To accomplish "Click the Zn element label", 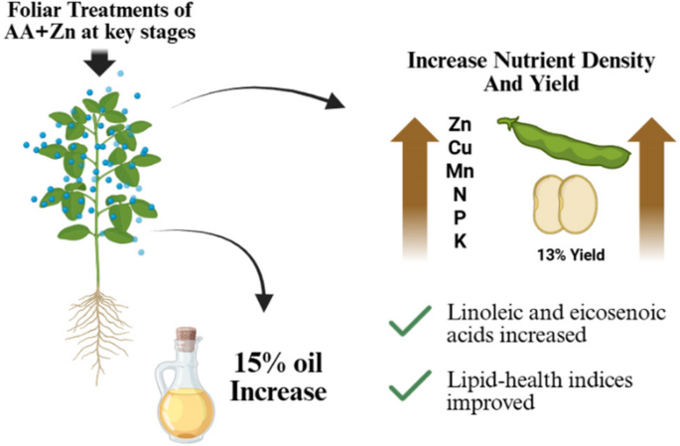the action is [x=460, y=124].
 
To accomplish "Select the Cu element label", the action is [x=460, y=148].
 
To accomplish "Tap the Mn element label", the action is [x=460, y=172].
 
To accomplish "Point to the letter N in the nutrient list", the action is [x=460, y=195].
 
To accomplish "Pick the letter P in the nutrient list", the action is [x=460, y=218].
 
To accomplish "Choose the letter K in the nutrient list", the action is [x=461, y=241].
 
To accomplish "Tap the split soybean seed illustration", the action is [x=565, y=204].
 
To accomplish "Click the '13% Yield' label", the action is [x=571, y=254].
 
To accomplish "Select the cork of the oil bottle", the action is [x=187, y=334].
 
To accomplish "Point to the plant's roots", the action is [x=99, y=330].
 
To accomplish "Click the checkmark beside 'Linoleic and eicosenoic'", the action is [x=410, y=321].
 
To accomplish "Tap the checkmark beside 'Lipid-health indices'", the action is [x=410, y=385].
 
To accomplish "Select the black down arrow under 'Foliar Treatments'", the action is [x=99, y=63].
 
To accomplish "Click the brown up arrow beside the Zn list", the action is [x=415, y=189].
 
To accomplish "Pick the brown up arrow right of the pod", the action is [x=652, y=189].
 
